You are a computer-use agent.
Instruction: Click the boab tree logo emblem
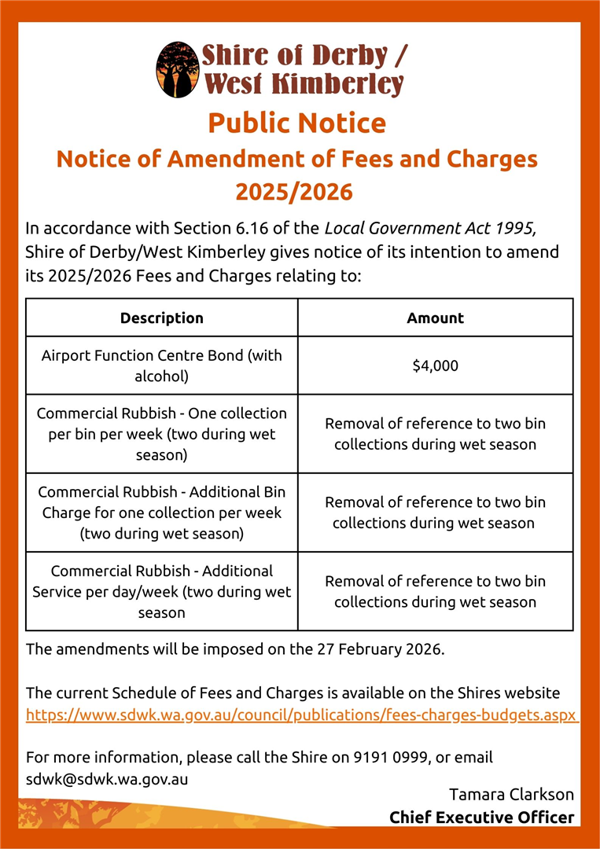(x=178, y=69)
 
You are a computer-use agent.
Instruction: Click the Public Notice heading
(x=297, y=123)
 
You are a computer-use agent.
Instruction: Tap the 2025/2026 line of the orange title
(x=294, y=192)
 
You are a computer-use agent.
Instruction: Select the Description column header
(x=162, y=318)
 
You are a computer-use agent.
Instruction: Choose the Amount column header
(x=435, y=318)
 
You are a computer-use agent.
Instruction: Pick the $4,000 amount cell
(x=435, y=366)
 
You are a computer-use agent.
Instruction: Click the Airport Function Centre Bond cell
(x=162, y=366)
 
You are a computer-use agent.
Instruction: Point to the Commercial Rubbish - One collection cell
(x=162, y=434)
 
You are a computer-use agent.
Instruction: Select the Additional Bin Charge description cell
(x=162, y=513)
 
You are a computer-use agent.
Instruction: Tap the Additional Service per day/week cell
(x=162, y=591)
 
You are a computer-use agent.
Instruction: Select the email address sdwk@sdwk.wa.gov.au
(x=107, y=779)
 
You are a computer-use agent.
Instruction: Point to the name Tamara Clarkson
(x=511, y=795)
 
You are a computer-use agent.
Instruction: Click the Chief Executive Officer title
(x=482, y=818)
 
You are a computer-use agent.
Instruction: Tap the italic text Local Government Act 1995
(x=430, y=230)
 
